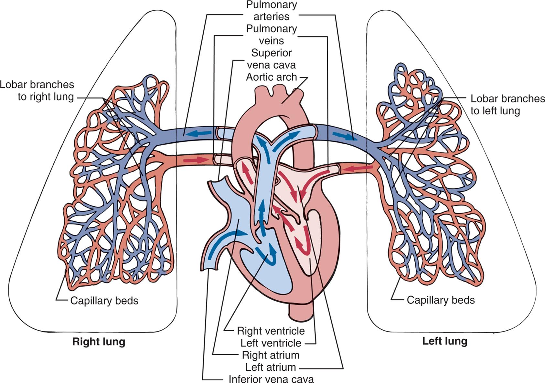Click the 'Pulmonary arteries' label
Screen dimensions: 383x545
coord(271,11)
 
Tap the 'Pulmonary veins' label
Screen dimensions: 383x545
coord(271,35)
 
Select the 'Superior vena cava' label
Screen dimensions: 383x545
coord(271,59)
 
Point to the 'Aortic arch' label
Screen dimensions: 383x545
coord(271,77)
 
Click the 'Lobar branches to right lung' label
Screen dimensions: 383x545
coord(37,91)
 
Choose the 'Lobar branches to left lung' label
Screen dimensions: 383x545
coord(507,105)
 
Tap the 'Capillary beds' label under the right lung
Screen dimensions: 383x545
coord(104,301)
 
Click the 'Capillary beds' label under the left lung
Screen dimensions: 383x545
coord(441,300)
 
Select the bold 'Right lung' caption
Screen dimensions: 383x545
coord(99,342)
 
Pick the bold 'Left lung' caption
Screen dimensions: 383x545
coord(445,341)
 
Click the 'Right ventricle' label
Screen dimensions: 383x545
coord(271,331)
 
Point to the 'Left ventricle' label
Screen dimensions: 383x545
coord(271,343)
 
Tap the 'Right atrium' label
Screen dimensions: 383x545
coord(271,355)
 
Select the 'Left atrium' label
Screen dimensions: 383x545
coord(271,367)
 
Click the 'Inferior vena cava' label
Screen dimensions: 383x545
coord(271,379)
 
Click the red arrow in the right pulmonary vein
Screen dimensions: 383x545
coord(196,160)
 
